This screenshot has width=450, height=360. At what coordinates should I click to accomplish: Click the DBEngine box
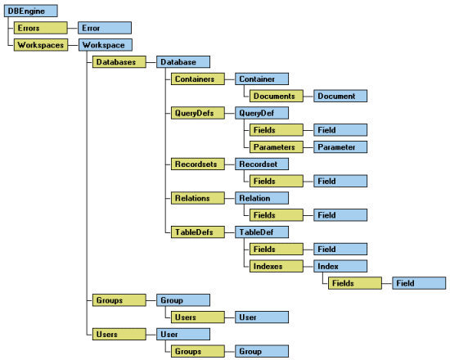click(31, 11)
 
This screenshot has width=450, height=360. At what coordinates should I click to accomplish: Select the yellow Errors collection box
click(40, 28)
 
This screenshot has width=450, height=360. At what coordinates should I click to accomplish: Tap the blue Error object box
click(105, 28)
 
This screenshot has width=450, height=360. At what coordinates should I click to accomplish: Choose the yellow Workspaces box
click(41, 45)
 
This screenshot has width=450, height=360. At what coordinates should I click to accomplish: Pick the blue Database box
click(183, 62)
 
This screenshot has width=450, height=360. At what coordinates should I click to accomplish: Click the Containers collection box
click(198, 79)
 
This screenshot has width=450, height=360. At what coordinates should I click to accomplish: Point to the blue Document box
click(340, 96)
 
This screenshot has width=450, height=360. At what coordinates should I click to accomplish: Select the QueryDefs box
click(198, 113)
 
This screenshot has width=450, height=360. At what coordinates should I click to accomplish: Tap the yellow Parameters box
click(276, 147)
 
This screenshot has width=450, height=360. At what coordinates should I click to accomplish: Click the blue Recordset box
click(262, 164)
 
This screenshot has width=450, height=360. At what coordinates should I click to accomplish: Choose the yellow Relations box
click(198, 198)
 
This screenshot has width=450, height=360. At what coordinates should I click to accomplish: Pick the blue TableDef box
click(262, 232)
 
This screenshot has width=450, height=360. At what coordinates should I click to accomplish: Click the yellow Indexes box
click(276, 266)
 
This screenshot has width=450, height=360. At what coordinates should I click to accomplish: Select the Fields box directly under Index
click(355, 283)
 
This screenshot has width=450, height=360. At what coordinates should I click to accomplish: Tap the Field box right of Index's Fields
click(419, 283)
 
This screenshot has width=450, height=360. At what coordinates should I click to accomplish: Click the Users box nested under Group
click(198, 317)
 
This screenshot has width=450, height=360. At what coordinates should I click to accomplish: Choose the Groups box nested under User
click(198, 351)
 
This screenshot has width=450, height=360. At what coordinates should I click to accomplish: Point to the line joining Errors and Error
click(73, 28)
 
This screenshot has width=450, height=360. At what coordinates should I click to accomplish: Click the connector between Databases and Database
click(151, 62)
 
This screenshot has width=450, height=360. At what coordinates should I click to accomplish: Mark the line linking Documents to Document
click(308, 97)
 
